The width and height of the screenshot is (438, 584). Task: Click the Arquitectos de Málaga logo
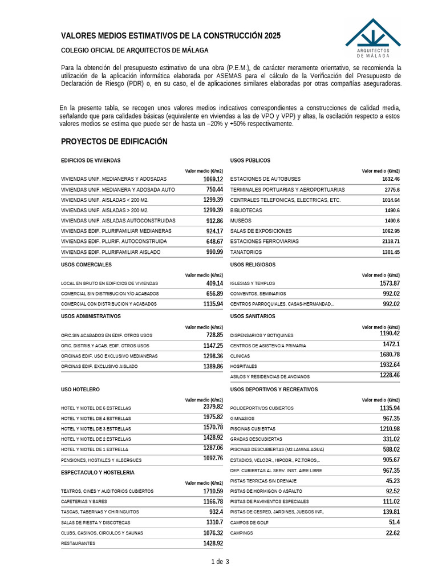(x=373, y=38)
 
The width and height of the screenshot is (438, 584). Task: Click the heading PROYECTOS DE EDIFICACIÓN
(x=114, y=141)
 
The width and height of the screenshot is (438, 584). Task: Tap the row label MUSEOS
(x=241, y=221)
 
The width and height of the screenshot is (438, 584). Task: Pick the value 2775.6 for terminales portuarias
(x=392, y=189)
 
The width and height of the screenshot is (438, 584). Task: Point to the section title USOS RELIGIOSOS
(x=253, y=265)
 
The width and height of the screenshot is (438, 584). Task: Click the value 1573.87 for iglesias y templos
(x=390, y=283)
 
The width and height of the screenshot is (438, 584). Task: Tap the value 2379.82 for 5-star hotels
(x=213, y=407)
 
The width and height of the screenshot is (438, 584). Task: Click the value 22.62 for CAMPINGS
(x=392, y=533)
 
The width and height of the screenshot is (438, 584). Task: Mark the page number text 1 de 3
(x=220, y=562)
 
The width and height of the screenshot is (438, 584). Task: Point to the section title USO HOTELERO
(x=80, y=390)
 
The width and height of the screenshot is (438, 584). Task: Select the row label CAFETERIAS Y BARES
(x=84, y=502)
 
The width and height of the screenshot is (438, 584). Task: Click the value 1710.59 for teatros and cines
(x=213, y=491)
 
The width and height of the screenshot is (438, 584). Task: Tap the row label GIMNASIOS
(x=243, y=419)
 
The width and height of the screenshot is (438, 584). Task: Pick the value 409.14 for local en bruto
(x=214, y=283)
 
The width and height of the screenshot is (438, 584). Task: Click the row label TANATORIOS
(x=246, y=252)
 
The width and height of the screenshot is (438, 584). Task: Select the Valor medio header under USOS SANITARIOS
(x=380, y=327)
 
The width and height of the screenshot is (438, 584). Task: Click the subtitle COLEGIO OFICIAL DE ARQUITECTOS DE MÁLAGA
(x=135, y=50)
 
